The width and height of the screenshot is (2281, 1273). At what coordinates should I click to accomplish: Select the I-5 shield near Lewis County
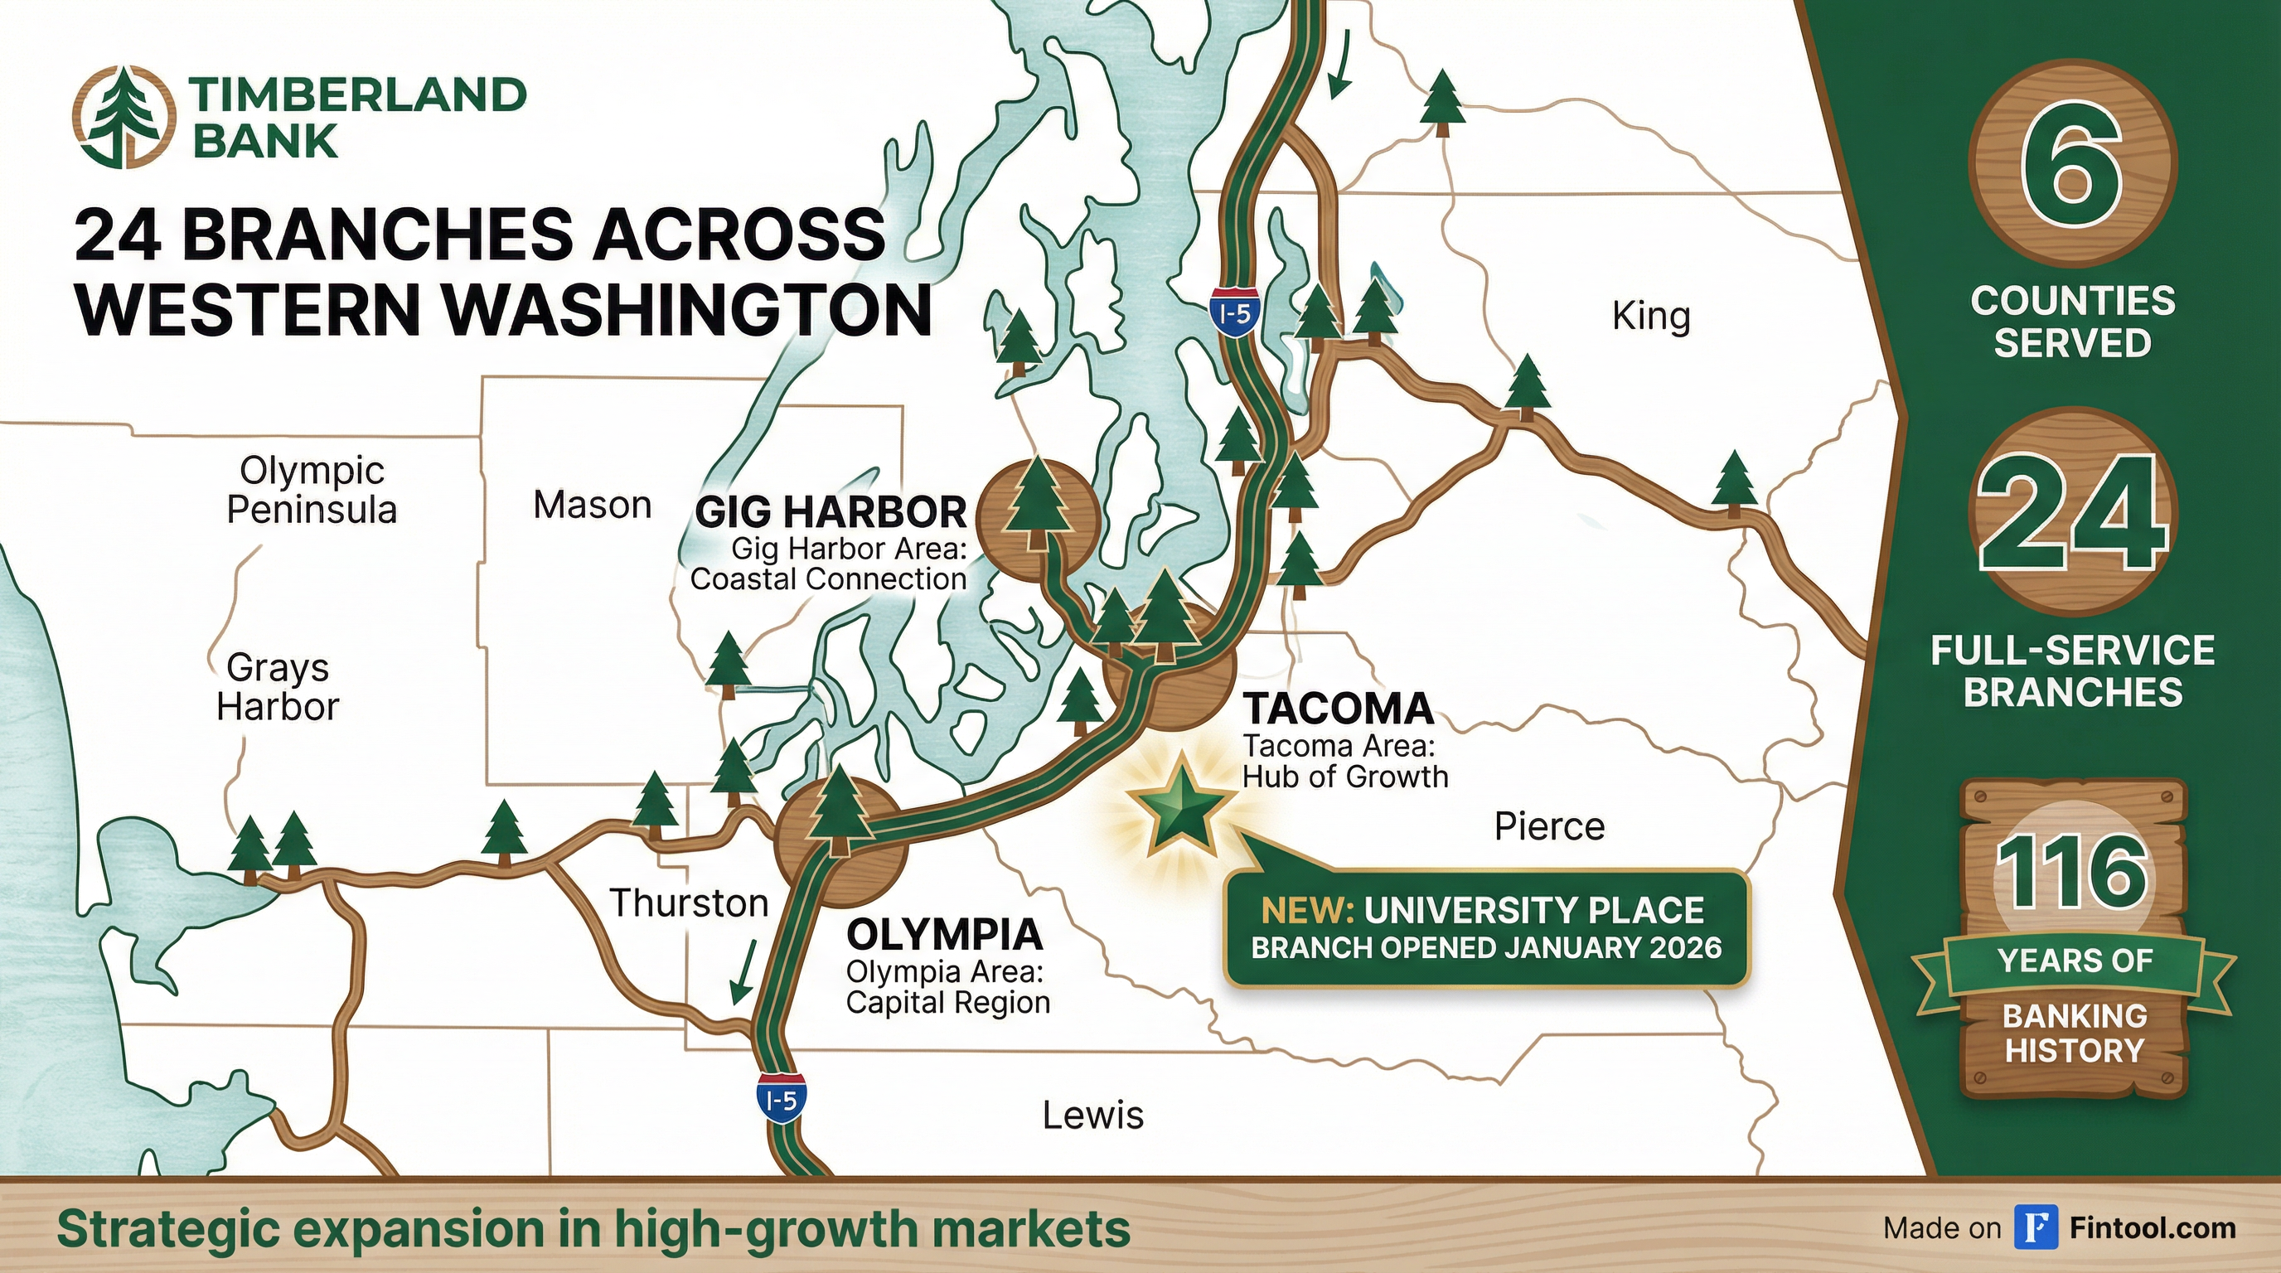pyautogui.click(x=781, y=1098)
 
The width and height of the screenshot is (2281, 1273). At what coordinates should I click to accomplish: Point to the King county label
pyautogui.click(x=1650, y=316)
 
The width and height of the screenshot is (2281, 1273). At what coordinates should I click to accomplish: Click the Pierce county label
pyautogui.click(x=1548, y=827)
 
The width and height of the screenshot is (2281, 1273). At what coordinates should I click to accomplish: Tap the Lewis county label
pyautogui.click(x=1092, y=1115)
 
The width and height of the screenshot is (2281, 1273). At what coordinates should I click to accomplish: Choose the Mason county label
pyautogui.click(x=593, y=506)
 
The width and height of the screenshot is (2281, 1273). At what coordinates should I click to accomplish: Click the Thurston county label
pyautogui.click(x=689, y=903)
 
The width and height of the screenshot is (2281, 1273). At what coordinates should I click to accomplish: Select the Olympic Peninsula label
pyautogui.click(x=312, y=491)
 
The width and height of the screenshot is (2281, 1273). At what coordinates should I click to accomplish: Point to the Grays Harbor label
pyautogui.click(x=277, y=687)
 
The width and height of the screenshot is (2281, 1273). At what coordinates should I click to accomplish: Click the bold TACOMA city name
pyautogui.click(x=1337, y=709)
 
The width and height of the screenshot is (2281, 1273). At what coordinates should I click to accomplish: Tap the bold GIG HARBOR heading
pyautogui.click(x=831, y=511)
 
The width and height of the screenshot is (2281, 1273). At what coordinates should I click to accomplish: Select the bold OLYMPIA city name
pyautogui.click(x=944, y=934)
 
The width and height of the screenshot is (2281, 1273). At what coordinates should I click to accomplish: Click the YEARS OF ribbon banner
pyautogui.click(x=2073, y=961)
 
